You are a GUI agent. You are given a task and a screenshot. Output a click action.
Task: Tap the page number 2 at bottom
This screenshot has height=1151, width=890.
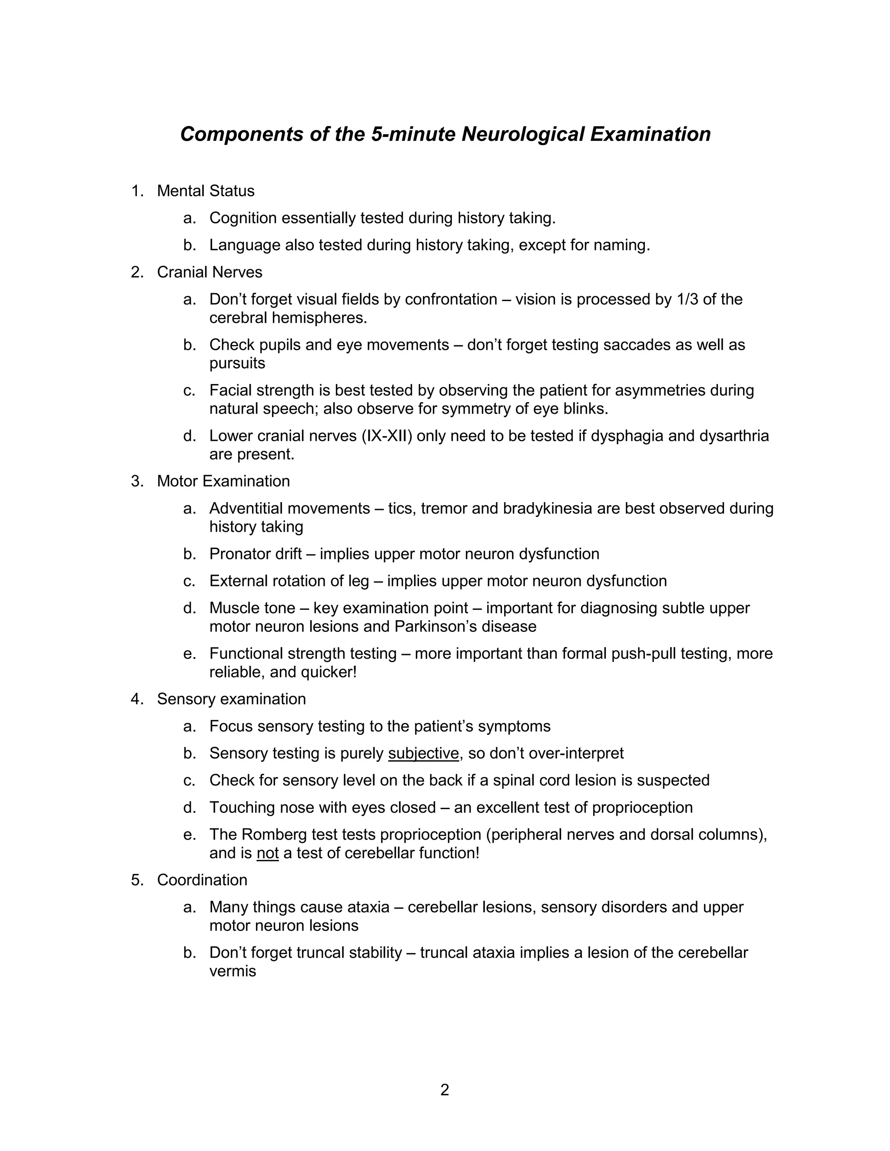pos(445,1090)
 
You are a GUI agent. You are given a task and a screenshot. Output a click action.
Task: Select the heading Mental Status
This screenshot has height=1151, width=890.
pos(206,191)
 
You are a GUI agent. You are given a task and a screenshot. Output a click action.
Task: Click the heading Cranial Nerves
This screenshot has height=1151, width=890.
pos(209,272)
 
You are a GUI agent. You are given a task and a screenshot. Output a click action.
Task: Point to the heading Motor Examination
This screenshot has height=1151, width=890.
pos(223,481)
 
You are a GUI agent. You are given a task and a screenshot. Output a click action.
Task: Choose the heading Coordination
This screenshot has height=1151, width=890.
pos(202,880)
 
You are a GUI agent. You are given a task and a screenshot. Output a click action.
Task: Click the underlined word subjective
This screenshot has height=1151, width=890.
pos(423,753)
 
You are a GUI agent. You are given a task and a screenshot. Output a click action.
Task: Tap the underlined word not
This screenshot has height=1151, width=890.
pos(267,853)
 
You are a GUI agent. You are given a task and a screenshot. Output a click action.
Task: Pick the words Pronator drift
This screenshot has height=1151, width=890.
pos(255,554)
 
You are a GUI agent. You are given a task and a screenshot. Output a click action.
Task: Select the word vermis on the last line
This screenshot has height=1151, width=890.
pos(232,971)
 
